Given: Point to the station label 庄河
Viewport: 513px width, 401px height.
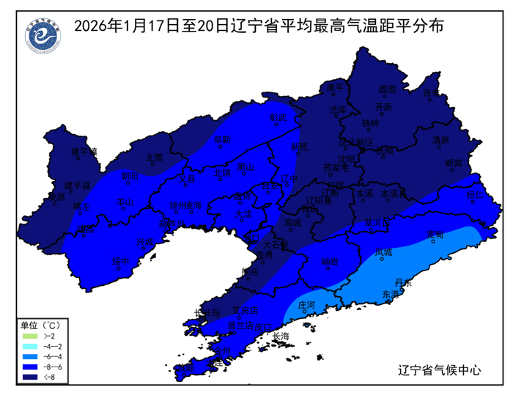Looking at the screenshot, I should coord(307,303).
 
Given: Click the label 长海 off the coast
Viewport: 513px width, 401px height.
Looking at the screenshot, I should coord(281,336).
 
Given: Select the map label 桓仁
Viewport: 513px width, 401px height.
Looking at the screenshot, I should coord(476,196).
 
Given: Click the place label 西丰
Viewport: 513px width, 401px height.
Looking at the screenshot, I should coord(432,94).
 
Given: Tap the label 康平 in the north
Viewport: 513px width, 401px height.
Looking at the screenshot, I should coord(334,87).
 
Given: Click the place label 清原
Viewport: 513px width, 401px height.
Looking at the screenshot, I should coord(440,139).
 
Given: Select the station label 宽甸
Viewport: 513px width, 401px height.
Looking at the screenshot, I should coord(435,235).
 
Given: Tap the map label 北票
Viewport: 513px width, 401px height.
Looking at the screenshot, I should coord(154,157).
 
